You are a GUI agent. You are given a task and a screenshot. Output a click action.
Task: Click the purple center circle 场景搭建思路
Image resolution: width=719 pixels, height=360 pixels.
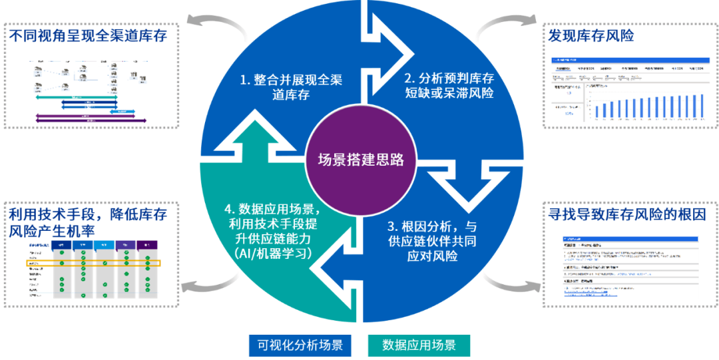click(360, 160)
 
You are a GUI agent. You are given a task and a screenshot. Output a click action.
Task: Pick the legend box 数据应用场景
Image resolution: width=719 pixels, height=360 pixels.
click(419, 345)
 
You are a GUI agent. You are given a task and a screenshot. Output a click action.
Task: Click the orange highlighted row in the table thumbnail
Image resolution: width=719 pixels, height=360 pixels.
click(94, 264)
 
